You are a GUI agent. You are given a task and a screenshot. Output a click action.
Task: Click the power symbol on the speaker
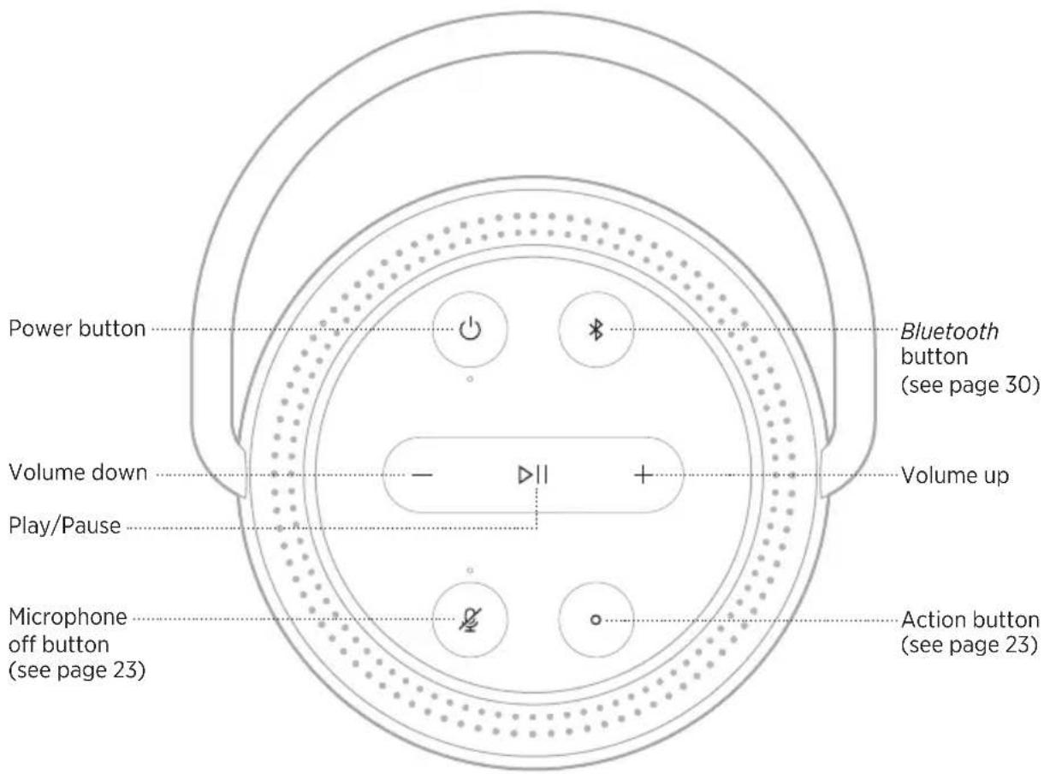click(469, 329)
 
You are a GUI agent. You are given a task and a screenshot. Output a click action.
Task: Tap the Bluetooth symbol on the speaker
click(596, 330)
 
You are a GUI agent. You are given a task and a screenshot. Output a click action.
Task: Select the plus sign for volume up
click(643, 474)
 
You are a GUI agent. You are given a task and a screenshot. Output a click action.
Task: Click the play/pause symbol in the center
click(533, 474)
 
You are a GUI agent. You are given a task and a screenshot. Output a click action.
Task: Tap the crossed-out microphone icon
click(470, 620)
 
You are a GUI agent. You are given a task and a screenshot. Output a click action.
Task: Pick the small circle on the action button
click(596, 620)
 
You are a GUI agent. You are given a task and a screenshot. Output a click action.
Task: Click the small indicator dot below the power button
click(469, 378)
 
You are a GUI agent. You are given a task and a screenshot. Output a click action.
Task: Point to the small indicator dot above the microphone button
click(469, 570)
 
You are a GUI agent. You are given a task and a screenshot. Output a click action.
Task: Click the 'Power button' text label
click(77, 328)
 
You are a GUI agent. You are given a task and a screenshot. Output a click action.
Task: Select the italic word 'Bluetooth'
click(949, 331)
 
